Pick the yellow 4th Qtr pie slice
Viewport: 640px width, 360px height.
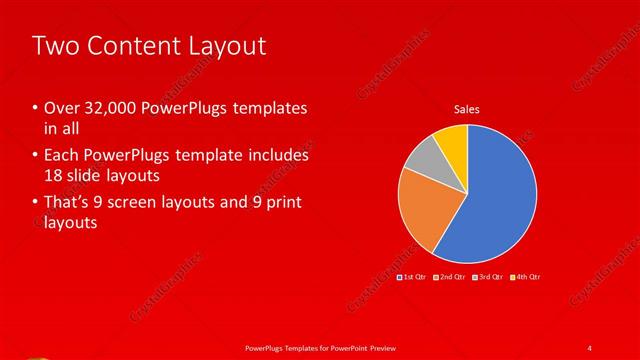point(452,140)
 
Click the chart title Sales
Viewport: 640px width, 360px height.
point(467,108)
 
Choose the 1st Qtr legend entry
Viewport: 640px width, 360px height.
point(412,276)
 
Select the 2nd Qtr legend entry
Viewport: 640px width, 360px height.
point(449,276)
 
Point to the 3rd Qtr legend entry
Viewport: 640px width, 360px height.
point(488,276)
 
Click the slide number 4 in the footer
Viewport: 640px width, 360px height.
point(589,347)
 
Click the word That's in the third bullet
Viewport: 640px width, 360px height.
point(67,204)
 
